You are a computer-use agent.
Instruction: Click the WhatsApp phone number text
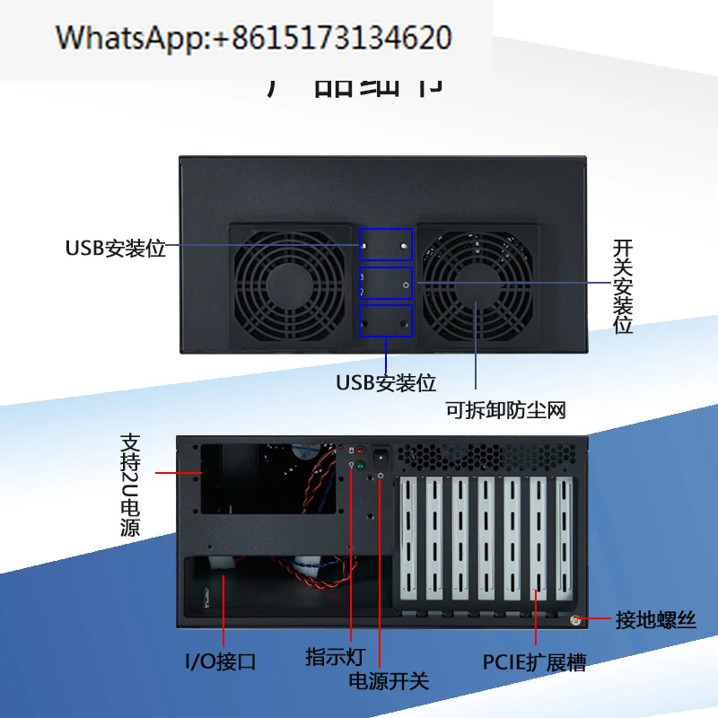click(x=253, y=38)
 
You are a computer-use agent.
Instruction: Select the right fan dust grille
click(x=477, y=286)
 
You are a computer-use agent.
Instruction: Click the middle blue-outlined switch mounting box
click(x=386, y=283)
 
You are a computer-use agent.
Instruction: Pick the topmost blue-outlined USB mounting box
click(x=386, y=245)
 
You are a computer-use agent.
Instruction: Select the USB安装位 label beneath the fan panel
click(x=386, y=382)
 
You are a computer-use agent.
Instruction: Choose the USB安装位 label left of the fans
click(x=116, y=249)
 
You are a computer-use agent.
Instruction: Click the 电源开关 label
click(x=389, y=680)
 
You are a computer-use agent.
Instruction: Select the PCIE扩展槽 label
click(x=534, y=663)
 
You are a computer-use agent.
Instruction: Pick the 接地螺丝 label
click(x=655, y=620)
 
